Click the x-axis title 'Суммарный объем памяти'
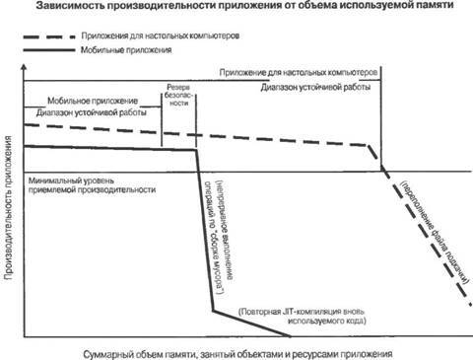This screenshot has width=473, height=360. (x=237, y=350)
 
